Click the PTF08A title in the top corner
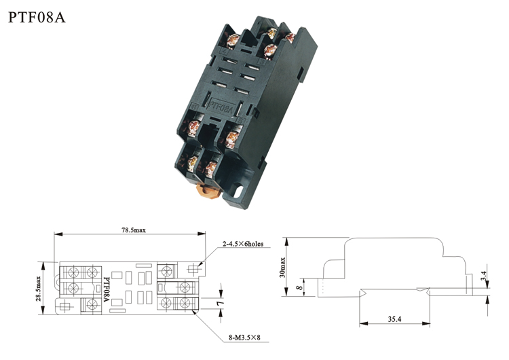[x=37, y=17]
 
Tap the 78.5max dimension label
[x=134, y=230]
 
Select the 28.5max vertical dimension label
[x=38, y=289]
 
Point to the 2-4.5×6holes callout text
[x=243, y=244]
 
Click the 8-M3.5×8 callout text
[x=244, y=338]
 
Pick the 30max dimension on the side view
[x=282, y=268]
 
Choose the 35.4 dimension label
[x=394, y=319]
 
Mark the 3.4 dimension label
[x=484, y=276]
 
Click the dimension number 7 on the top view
[x=221, y=303]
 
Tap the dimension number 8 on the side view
[x=299, y=287]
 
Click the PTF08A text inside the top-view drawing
[x=106, y=289]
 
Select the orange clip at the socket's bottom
[x=208, y=190]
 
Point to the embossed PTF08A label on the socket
[x=221, y=106]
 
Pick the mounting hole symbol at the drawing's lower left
[x=65, y=306]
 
